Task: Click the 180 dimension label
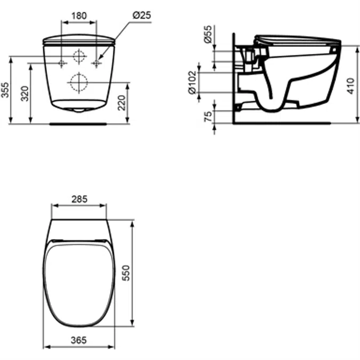(x=79, y=16)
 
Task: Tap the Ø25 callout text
(x=142, y=15)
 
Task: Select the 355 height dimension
(x=5, y=90)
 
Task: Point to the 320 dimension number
(x=25, y=93)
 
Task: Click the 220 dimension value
(x=122, y=102)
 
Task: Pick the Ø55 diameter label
(x=208, y=34)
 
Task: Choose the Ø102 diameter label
(x=193, y=83)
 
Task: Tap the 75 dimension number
(x=208, y=116)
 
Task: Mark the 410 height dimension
(x=350, y=86)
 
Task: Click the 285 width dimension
(x=79, y=199)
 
